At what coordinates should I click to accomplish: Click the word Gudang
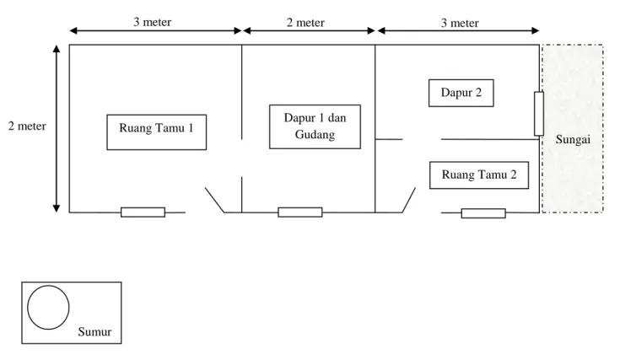pyautogui.click(x=315, y=135)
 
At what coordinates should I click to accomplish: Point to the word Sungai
pyautogui.click(x=573, y=139)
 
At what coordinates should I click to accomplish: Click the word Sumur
pyautogui.click(x=94, y=331)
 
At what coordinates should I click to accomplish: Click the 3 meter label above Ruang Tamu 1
pyautogui.click(x=152, y=22)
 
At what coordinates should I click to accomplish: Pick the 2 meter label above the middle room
pyautogui.click(x=305, y=23)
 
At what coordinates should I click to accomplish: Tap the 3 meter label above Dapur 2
pyautogui.click(x=460, y=24)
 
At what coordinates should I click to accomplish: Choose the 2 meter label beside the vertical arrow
pyautogui.click(x=27, y=126)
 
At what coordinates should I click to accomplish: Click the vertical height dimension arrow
pyautogui.click(x=57, y=128)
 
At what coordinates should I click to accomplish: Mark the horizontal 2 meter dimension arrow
pyautogui.click(x=310, y=30)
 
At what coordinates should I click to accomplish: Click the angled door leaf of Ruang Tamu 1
pyautogui.click(x=214, y=200)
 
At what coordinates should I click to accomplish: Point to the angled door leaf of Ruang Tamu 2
pyautogui.click(x=409, y=200)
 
